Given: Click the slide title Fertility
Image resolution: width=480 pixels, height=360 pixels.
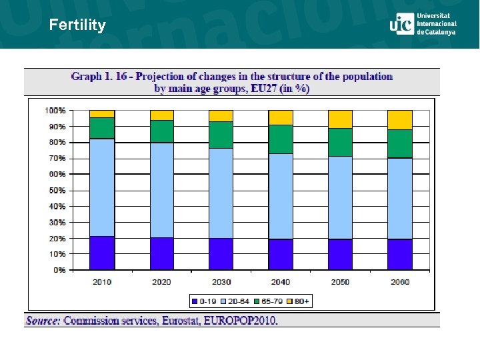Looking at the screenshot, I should pyautogui.click(x=77, y=25).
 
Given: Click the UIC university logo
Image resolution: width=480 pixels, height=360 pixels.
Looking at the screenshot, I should pyautogui.click(x=423, y=23).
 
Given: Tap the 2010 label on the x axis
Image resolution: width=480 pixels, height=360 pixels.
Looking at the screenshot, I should pyautogui.click(x=102, y=282).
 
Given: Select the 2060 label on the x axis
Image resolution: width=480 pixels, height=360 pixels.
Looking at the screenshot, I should pyautogui.click(x=400, y=282).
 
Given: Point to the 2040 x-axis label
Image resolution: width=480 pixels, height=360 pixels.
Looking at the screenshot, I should pyautogui.click(x=281, y=282).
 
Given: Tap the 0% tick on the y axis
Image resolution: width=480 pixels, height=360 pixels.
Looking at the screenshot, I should pyautogui.click(x=59, y=270).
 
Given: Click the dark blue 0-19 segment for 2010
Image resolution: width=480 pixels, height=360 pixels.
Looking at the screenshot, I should pyautogui.click(x=102, y=253).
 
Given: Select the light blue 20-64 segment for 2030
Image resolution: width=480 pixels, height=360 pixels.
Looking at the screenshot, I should pyautogui.click(x=221, y=193).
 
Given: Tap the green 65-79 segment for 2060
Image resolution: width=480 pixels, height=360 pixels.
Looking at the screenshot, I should pyautogui.click(x=400, y=143).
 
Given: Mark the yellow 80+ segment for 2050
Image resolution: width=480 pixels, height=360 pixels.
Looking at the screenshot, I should pyautogui.click(x=340, y=119).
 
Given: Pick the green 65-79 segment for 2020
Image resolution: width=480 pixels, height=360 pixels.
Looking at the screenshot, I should pyautogui.click(x=162, y=131).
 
